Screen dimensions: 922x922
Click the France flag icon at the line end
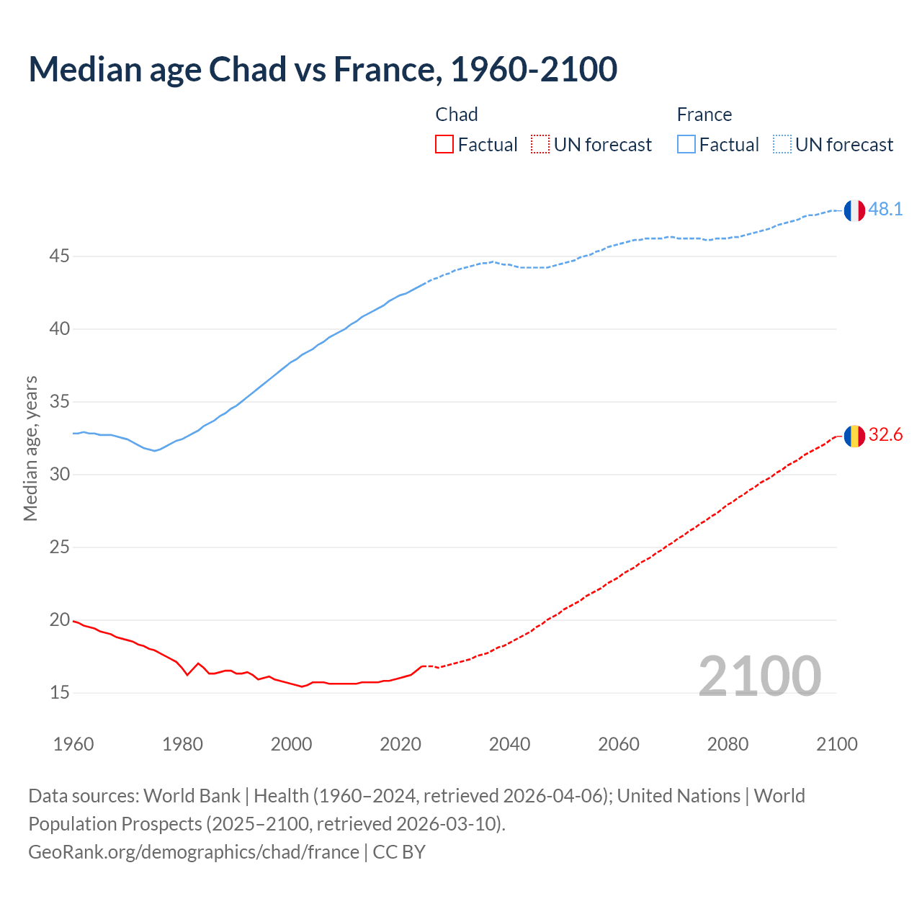click(x=854, y=210)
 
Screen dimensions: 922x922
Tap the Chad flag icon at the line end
click(x=854, y=436)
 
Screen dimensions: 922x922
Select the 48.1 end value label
click(x=885, y=210)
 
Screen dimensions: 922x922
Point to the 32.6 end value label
click(x=885, y=435)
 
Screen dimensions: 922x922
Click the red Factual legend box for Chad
click(x=444, y=145)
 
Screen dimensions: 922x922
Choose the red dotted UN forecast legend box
click(x=540, y=145)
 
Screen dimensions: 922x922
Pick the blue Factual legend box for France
click(x=686, y=145)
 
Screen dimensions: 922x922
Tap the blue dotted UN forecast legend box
click(x=782, y=145)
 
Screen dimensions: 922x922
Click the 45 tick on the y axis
click(x=60, y=256)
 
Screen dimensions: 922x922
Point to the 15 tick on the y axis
click(x=60, y=693)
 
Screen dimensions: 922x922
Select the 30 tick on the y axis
click(x=60, y=475)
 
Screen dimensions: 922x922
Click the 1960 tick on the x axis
click(x=73, y=744)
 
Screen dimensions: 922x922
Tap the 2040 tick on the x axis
click(x=509, y=744)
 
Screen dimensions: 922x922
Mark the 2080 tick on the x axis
click(x=728, y=744)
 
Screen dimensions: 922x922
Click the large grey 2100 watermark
click(x=760, y=676)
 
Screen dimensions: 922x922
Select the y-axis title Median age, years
click(x=30, y=448)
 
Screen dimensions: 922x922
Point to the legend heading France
click(x=704, y=115)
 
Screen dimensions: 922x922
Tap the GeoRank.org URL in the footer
click(x=193, y=852)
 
